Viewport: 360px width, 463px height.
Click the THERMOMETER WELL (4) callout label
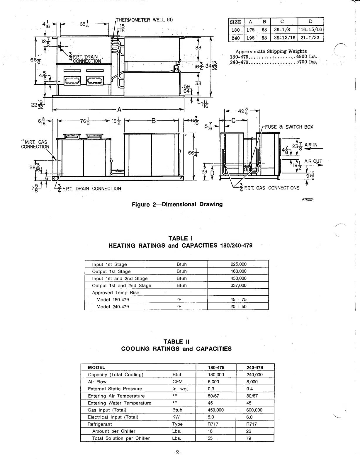pos(144,20)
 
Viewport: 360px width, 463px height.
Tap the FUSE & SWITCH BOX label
pos(289,127)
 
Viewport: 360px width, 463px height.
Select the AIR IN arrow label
pos(311,145)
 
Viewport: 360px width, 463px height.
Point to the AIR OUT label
pos(313,161)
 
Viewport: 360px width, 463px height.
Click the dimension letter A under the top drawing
pos(119,110)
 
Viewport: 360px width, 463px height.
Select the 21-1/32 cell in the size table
pos(311,38)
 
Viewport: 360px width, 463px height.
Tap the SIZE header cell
pos(235,22)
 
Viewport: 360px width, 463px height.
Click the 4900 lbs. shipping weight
pos(307,57)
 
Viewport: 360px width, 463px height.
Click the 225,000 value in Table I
pos(239,264)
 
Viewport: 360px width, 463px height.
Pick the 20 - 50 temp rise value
pos(238,307)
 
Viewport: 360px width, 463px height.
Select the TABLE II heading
pos(176,342)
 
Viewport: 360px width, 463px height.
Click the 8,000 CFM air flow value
pos(252,382)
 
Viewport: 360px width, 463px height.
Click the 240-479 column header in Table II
pos(254,367)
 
